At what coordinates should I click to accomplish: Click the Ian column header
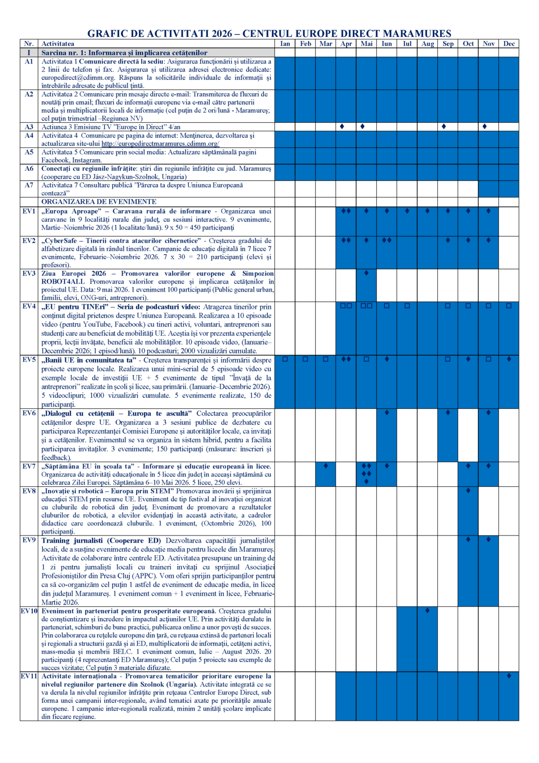tap(285, 44)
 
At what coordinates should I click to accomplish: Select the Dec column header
tap(509, 44)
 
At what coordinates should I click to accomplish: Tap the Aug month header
tap(427, 44)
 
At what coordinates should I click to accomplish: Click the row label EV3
tap(29, 274)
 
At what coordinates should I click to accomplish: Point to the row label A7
tap(29, 185)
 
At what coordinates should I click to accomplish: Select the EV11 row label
tap(29, 676)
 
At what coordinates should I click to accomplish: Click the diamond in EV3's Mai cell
tap(366, 273)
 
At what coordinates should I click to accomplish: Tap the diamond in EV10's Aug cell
tap(427, 610)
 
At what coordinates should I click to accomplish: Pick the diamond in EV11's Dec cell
tap(509, 676)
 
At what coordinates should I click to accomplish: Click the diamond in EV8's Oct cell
tap(468, 490)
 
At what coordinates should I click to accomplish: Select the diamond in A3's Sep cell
tap(444, 127)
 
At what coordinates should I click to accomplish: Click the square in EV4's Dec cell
tap(509, 306)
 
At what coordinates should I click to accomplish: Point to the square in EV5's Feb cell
tap(305, 359)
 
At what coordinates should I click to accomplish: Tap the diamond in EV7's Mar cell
tap(326, 466)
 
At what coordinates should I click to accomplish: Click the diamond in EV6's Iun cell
tap(387, 412)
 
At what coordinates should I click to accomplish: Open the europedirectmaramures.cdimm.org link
tap(160, 144)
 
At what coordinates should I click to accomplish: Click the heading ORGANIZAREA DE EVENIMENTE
tap(99, 202)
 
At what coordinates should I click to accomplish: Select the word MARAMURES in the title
tap(417, 33)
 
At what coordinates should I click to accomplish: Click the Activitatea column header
tap(58, 44)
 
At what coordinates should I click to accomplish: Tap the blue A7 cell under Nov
tap(488, 189)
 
